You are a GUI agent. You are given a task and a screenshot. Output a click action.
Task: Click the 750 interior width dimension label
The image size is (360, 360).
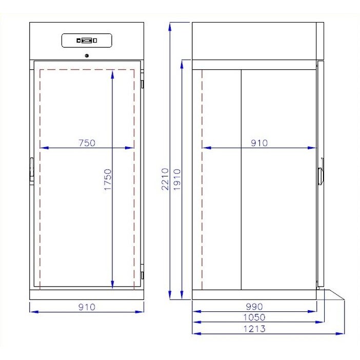(87, 143)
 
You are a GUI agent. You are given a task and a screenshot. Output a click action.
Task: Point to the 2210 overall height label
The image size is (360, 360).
(165, 179)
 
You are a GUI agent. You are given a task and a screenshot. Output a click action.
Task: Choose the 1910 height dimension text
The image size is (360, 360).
(176, 179)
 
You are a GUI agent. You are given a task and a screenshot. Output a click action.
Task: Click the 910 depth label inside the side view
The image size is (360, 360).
(259, 143)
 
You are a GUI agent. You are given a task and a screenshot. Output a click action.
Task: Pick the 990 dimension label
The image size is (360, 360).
(255, 306)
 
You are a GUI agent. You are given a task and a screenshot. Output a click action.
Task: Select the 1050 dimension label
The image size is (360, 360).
(255, 317)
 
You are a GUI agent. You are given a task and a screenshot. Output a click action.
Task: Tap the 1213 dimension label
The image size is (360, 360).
(255, 329)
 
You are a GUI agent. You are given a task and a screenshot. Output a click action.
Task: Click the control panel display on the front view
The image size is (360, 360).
(87, 41)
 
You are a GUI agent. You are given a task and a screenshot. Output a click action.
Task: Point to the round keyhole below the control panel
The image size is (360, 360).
(87, 56)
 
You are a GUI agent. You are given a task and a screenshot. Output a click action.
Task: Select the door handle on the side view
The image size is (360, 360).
(321, 175)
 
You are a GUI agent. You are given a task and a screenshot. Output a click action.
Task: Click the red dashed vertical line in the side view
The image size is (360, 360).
(203, 179)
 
